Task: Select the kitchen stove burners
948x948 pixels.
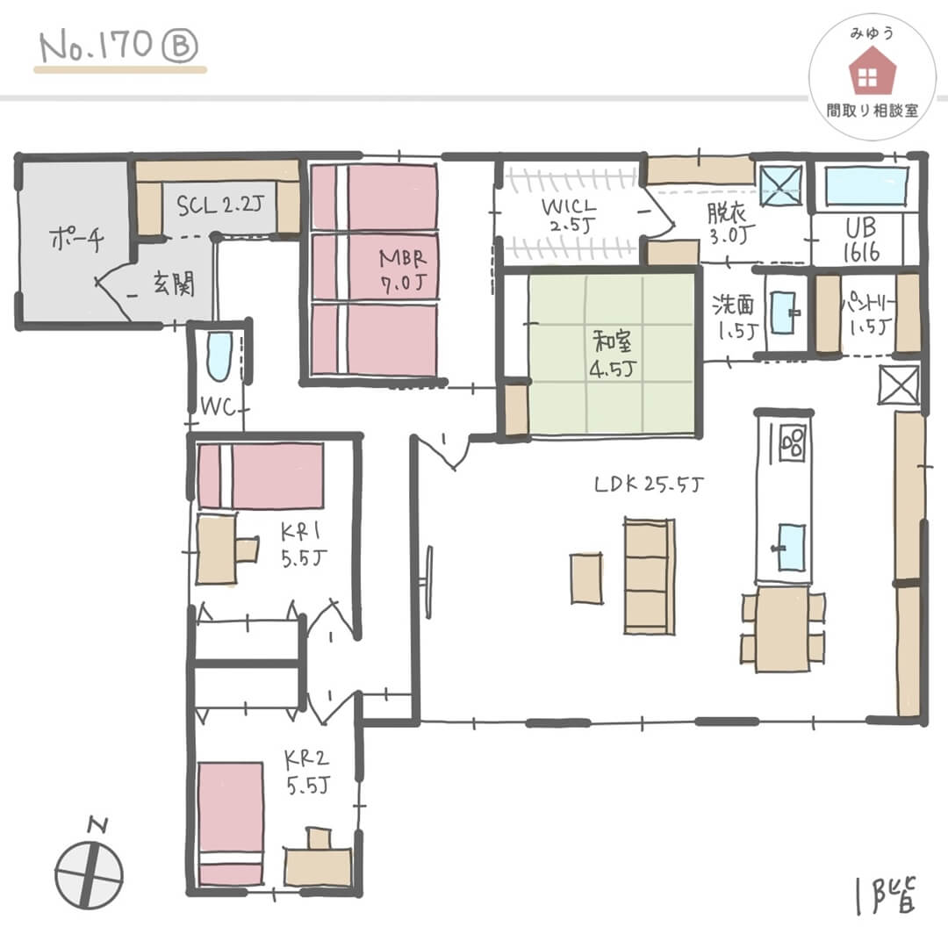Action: pos(792,442)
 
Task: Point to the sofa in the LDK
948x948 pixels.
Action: pos(650,576)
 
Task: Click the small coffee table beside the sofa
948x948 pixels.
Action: pos(586,578)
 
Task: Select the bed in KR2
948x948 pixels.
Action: pos(230,824)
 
